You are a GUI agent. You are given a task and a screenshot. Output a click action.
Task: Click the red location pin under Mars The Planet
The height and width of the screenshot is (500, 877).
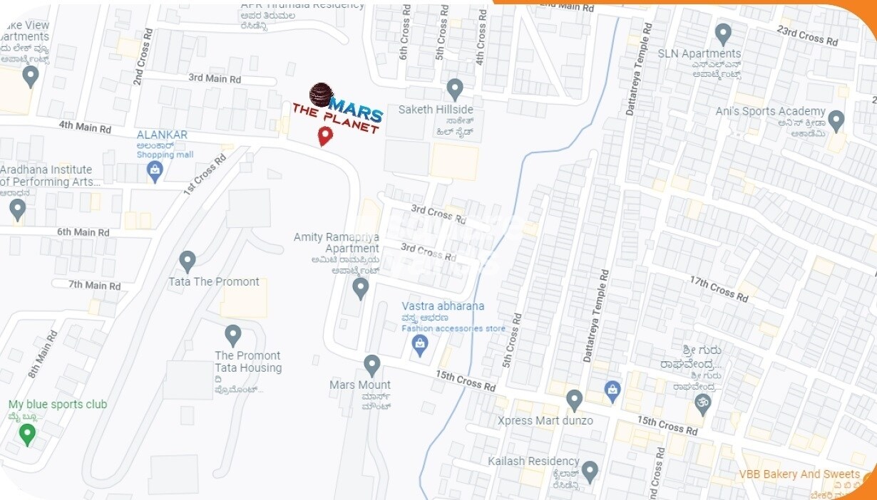[x=325, y=135]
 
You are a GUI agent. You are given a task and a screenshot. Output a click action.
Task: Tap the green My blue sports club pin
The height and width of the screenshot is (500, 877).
[x=27, y=433]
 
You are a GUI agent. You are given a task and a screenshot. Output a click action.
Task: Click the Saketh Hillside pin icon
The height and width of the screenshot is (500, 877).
[x=455, y=90]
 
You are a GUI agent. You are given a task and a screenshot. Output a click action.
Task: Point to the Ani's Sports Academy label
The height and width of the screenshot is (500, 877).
[x=770, y=112]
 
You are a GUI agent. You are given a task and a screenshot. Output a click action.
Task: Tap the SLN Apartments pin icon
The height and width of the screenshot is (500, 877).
[x=724, y=33]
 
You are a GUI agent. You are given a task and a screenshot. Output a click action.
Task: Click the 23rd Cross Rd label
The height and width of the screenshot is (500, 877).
[x=807, y=36]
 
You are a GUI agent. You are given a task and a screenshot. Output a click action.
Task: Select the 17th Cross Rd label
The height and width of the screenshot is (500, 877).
[x=719, y=288]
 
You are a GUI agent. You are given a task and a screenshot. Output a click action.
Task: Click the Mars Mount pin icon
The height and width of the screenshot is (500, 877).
[x=371, y=365]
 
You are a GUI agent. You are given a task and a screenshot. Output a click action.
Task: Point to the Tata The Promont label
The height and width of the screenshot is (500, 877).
[x=214, y=282]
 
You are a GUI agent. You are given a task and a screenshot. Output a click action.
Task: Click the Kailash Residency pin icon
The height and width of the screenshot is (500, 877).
[x=590, y=471]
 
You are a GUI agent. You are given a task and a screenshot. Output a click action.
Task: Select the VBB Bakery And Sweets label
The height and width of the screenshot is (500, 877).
[x=799, y=474]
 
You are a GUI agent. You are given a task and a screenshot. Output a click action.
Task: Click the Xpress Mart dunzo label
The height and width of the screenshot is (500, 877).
[x=545, y=420]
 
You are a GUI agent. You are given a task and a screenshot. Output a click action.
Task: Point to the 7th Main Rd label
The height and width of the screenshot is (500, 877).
[x=94, y=286]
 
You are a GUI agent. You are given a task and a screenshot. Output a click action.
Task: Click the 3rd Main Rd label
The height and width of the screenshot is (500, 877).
[x=215, y=78]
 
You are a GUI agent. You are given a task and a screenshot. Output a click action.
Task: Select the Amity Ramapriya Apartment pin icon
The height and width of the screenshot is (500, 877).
[x=361, y=288]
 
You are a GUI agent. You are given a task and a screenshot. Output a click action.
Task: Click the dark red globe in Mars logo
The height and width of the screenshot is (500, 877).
[x=322, y=95]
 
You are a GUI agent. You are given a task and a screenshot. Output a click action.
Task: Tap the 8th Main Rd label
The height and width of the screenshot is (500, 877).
[x=42, y=354]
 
